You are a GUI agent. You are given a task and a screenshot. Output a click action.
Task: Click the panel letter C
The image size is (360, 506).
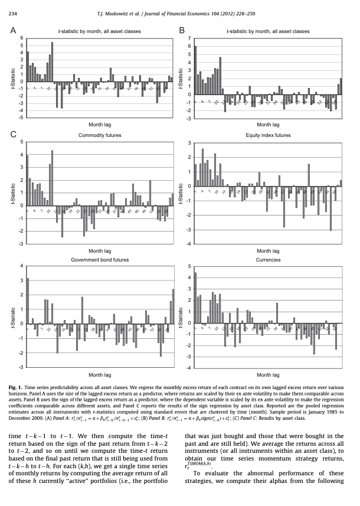point(14,135)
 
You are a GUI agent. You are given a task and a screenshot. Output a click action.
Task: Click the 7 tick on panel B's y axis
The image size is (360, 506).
point(189,38)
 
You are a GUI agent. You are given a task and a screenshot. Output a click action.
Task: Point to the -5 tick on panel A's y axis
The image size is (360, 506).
point(21,117)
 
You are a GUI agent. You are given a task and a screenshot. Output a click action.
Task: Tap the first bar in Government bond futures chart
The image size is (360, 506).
point(27,301)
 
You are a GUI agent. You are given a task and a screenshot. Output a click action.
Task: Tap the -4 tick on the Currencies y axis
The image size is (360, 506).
point(189,367)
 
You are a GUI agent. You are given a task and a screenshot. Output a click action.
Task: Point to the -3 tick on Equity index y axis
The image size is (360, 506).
point(189,229)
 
